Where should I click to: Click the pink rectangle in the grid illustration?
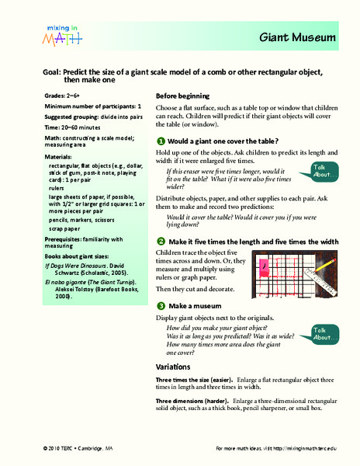265,266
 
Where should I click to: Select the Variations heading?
174,365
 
